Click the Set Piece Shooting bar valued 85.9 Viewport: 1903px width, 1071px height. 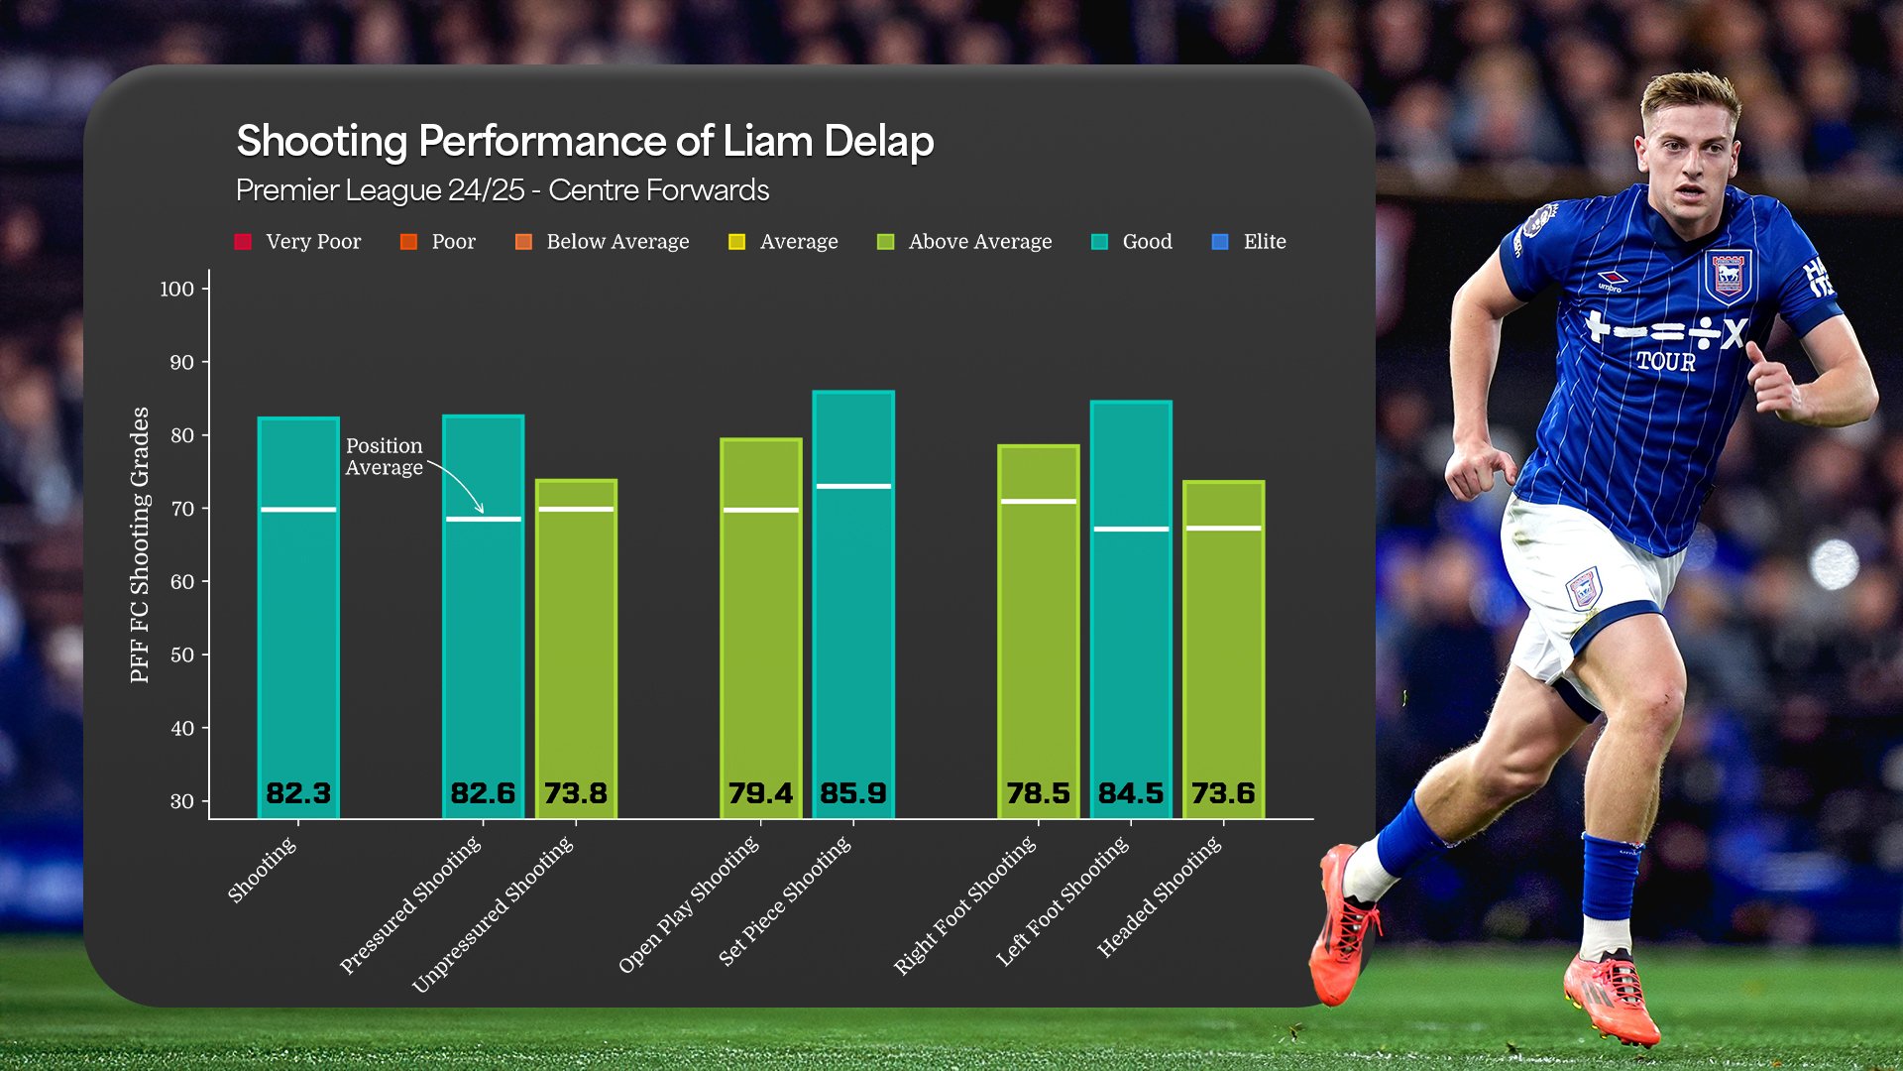[853, 605]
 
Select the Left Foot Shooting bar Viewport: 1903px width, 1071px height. [1131, 610]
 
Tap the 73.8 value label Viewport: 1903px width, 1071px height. [576, 793]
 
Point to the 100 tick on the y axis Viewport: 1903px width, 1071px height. [177, 289]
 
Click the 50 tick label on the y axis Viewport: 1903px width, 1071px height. [181, 654]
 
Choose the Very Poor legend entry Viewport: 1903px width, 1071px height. [298, 242]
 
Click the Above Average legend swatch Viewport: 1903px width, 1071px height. [886, 242]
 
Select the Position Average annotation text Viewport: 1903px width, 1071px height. [385, 456]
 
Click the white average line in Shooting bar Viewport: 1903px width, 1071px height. [298, 510]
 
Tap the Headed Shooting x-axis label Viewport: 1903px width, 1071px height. [1160, 896]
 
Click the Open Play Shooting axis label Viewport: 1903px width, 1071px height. [689, 903]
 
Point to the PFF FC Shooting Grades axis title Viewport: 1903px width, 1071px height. [140, 544]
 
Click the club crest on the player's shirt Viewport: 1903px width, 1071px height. [1728, 275]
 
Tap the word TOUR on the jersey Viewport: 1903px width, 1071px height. [1665, 362]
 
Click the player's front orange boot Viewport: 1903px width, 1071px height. [1612, 997]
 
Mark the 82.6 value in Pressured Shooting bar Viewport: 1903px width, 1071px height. [483, 793]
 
